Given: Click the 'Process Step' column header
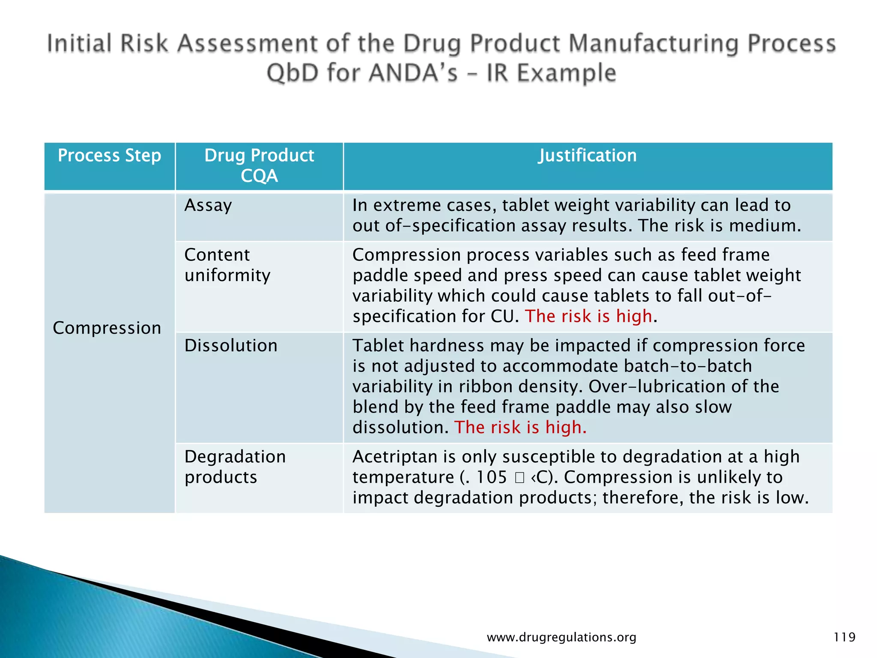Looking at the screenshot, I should (x=109, y=156).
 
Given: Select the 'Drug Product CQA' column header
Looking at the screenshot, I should (x=259, y=165).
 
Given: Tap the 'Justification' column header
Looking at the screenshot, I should (x=587, y=156).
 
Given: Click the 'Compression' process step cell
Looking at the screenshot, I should (x=107, y=328).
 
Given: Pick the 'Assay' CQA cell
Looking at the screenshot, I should (x=208, y=206).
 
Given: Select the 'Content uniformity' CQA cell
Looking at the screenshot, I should (x=227, y=265).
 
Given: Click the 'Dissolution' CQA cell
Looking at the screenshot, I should (x=231, y=346).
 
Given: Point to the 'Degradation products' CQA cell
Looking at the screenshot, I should (x=235, y=467).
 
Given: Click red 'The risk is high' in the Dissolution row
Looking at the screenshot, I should (x=520, y=428).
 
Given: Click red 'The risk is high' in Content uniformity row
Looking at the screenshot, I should (x=588, y=316).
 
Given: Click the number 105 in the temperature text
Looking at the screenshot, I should (x=491, y=477).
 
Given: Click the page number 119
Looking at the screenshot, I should (x=844, y=637).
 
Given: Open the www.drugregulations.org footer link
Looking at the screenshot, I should (x=561, y=637).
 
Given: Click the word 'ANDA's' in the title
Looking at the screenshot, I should (x=413, y=73).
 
